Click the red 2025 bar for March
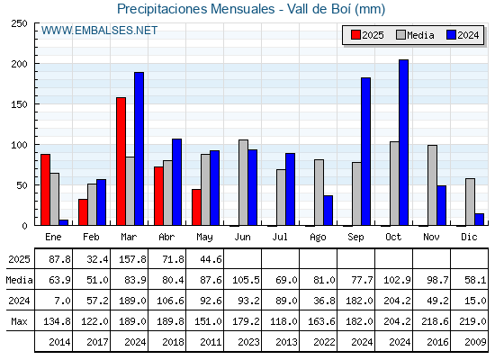click(121, 161)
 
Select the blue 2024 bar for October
click(403, 142)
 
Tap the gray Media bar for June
click(243, 183)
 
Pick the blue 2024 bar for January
click(64, 222)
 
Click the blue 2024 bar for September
click(365, 151)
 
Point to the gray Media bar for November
click(432, 185)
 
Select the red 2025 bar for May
click(196, 207)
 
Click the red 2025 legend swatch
click(355, 35)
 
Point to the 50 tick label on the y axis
click(22, 185)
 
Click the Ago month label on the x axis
click(318, 238)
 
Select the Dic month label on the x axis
click(469, 237)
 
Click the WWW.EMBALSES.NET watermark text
click(99, 31)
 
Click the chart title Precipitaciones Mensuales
click(196, 9)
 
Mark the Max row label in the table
click(19, 321)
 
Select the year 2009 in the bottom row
click(475, 342)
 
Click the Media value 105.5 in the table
click(246, 280)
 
